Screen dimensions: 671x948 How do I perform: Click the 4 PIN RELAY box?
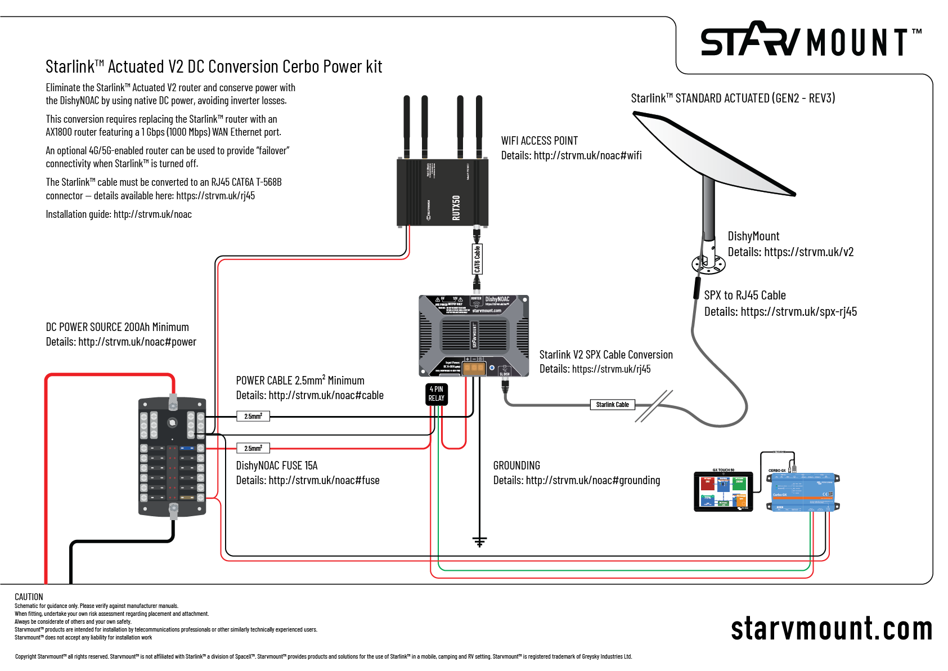tap(437, 393)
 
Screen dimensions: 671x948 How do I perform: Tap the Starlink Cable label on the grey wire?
tap(612, 404)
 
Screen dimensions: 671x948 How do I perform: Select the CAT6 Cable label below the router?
tap(477, 260)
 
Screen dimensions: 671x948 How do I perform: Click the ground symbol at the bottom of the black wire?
tap(479, 542)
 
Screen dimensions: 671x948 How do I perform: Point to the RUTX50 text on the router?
tap(456, 207)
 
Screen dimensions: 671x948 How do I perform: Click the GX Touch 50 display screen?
tap(723, 491)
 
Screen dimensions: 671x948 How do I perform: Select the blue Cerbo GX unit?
tap(803, 493)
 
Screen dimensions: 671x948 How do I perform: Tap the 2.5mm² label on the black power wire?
tap(253, 416)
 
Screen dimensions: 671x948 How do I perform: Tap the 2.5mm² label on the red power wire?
tap(253, 448)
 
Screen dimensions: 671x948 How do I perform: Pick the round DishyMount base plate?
tap(708, 264)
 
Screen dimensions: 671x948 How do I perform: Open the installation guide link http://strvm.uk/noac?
tap(152, 214)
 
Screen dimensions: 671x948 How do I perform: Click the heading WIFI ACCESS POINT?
tap(539, 141)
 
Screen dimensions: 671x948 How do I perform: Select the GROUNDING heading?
tap(516, 466)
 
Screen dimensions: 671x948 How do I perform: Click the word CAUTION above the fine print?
tap(29, 597)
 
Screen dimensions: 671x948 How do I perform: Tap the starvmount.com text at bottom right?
tap(831, 628)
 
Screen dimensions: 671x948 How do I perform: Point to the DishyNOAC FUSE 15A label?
tap(277, 466)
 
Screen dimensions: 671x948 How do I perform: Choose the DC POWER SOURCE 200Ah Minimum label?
tap(117, 327)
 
